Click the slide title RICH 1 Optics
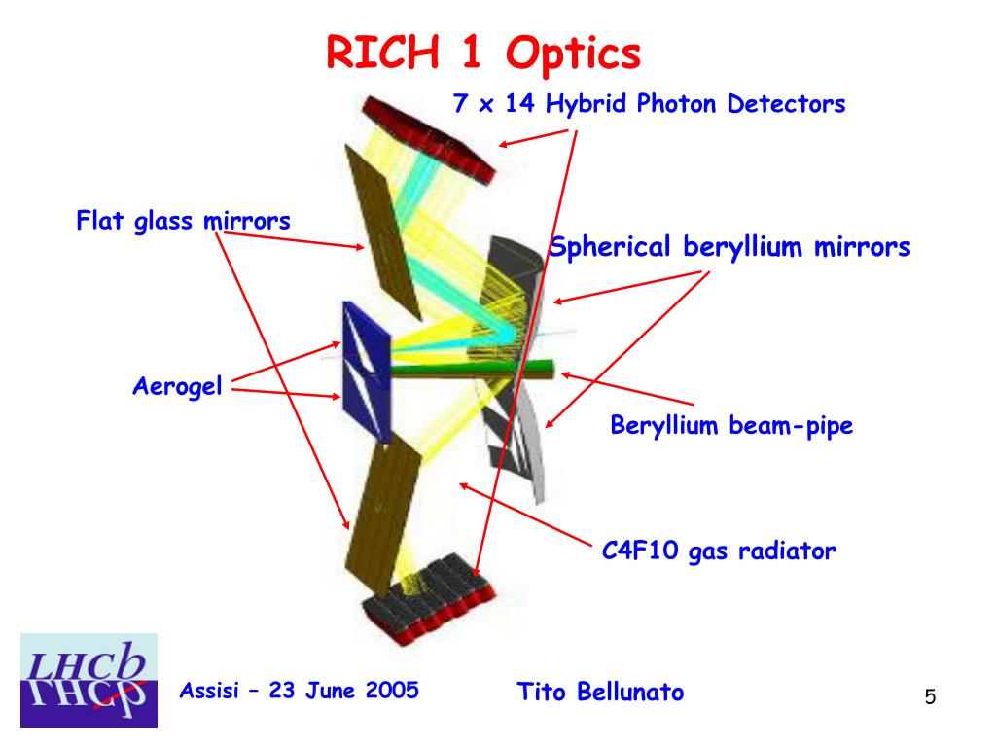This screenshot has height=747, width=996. click(x=483, y=53)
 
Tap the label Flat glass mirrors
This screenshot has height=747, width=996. click(x=183, y=221)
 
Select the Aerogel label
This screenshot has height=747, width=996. click(x=177, y=387)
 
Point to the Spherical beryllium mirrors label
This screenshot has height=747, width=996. click(x=730, y=247)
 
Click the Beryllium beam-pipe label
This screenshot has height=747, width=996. click(x=731, y=425)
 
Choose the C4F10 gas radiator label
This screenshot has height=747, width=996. click(x=719, y=551)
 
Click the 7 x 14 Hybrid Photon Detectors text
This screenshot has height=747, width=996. click(x=650, y=104)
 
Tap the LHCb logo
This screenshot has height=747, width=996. click(x=89, y=680)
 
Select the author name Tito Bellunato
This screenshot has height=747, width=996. click(x=600, y=692)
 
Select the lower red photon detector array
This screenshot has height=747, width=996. click(x=428, y=598)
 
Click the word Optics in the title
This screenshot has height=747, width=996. click(x=574, y=53)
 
